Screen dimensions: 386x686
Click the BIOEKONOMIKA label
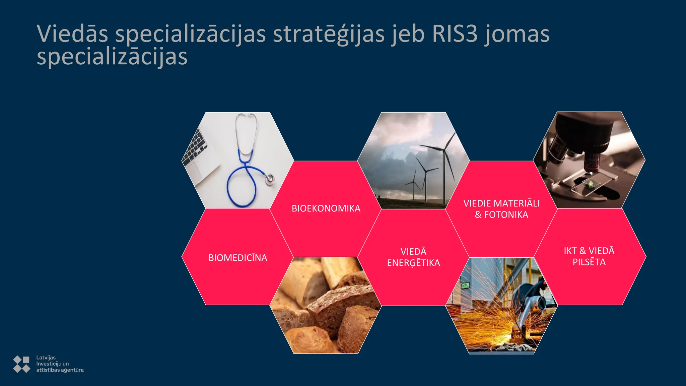[326, 208]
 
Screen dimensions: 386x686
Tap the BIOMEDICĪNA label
[238, 258]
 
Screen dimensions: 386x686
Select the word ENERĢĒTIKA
[413, 263]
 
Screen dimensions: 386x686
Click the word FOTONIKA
[506, 215]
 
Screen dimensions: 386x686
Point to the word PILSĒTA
[589, 262]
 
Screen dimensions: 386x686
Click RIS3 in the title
[455, 34]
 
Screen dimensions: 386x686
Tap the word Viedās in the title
[72, 34]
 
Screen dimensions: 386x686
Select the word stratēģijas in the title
[328, 34]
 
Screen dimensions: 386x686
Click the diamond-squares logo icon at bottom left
[21, 364]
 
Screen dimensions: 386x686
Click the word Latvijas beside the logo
[46, 358]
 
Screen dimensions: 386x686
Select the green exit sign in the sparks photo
[465, 285]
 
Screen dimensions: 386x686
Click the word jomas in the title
[517, 34]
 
